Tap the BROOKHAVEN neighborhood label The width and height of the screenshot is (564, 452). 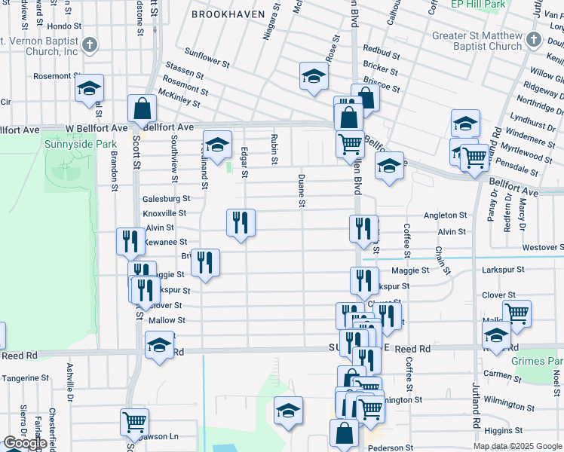[228, 14]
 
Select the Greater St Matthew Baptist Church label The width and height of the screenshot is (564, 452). [477, 41]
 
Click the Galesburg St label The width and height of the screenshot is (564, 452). [166, 199]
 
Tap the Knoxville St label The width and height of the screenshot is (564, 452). [164, 213]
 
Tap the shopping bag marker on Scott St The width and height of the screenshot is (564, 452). [142, 110]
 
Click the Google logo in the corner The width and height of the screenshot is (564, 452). [25, 443]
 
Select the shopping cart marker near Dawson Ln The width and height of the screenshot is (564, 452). [134, 422]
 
